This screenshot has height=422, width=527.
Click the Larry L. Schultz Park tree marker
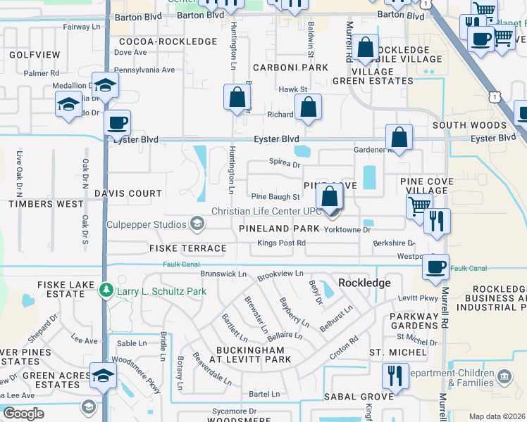point(106,290)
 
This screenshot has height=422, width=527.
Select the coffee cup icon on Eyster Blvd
point(118,123)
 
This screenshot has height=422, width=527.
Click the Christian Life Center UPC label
point(266,212)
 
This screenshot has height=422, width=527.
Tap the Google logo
point(23,413)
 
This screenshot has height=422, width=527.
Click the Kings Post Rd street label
point(281,243)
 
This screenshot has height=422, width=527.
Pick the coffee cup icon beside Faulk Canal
point(435,267)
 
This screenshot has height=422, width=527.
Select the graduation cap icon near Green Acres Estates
point(103,375)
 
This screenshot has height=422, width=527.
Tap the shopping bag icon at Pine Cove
point(329,197)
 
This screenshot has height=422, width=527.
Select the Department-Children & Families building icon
point(504,378)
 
